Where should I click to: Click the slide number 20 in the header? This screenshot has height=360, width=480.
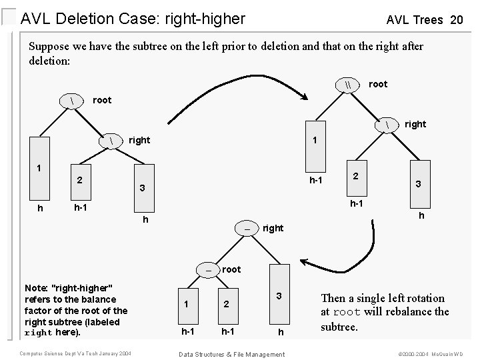tap(456, 20)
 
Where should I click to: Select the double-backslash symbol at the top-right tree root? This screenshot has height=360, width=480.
tap(349, 85)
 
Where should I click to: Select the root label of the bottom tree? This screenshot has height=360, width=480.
tap(231, 270)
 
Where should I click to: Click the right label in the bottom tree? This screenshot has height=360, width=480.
tap(273, 228)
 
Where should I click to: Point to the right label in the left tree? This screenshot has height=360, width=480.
tap(139, 141)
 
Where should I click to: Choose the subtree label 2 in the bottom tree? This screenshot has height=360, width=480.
tap(226, 304)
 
